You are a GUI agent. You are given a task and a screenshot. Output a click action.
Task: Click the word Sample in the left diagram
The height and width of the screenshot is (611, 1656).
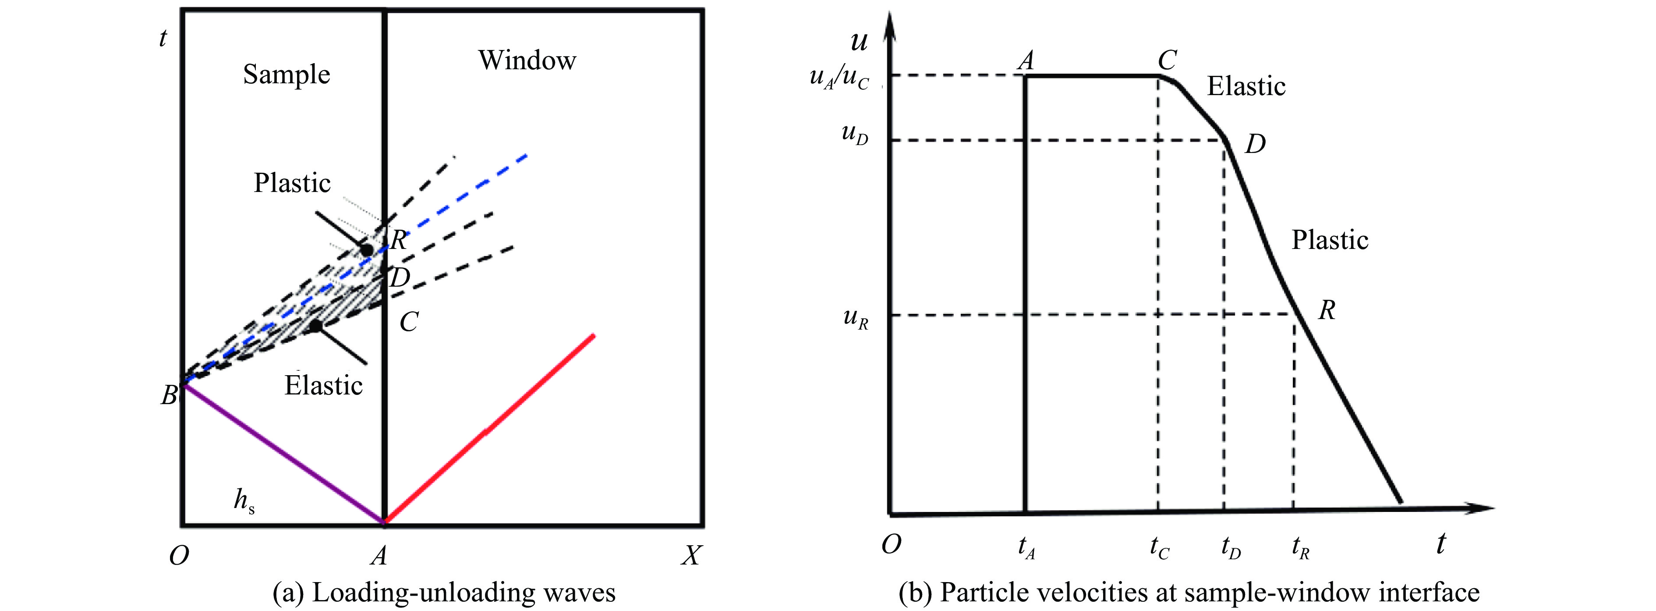[x=286, y=75]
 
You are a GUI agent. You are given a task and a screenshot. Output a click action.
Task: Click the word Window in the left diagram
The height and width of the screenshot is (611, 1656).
[x=527, y=60]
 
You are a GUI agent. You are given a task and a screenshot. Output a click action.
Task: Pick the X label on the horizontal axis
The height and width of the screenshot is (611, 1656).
[x=691, y=555]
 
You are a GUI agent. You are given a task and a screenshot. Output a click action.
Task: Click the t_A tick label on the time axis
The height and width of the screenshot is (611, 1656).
[x=1026, y=548]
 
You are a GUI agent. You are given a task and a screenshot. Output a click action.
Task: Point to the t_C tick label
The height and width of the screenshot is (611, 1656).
[x=1159, y=548]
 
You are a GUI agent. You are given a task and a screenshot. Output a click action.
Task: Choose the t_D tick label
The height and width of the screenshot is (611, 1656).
[x=1231, y=548]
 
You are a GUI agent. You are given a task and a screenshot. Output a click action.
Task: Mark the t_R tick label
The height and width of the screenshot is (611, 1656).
[x=1300, y=548]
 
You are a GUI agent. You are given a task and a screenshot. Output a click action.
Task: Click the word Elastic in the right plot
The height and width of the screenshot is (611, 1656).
[x=1246, y=86]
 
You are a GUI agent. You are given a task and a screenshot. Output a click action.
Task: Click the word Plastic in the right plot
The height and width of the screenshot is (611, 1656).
[x=1330, y=240]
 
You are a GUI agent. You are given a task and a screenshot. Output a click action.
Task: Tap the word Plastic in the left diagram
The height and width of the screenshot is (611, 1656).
[x=292, y=183]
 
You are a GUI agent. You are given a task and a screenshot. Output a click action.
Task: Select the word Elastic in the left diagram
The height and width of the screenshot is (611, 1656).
[x=323, y=386]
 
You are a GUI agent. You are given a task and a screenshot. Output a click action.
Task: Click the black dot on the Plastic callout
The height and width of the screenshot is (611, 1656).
[x=366, y=249]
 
